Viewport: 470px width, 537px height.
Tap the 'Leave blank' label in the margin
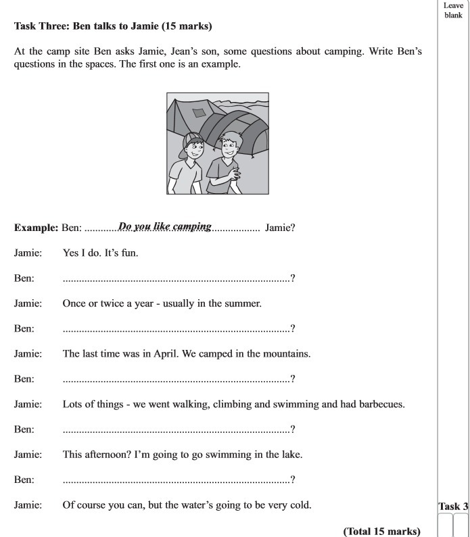pyautogui.click(x=452, y=11)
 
